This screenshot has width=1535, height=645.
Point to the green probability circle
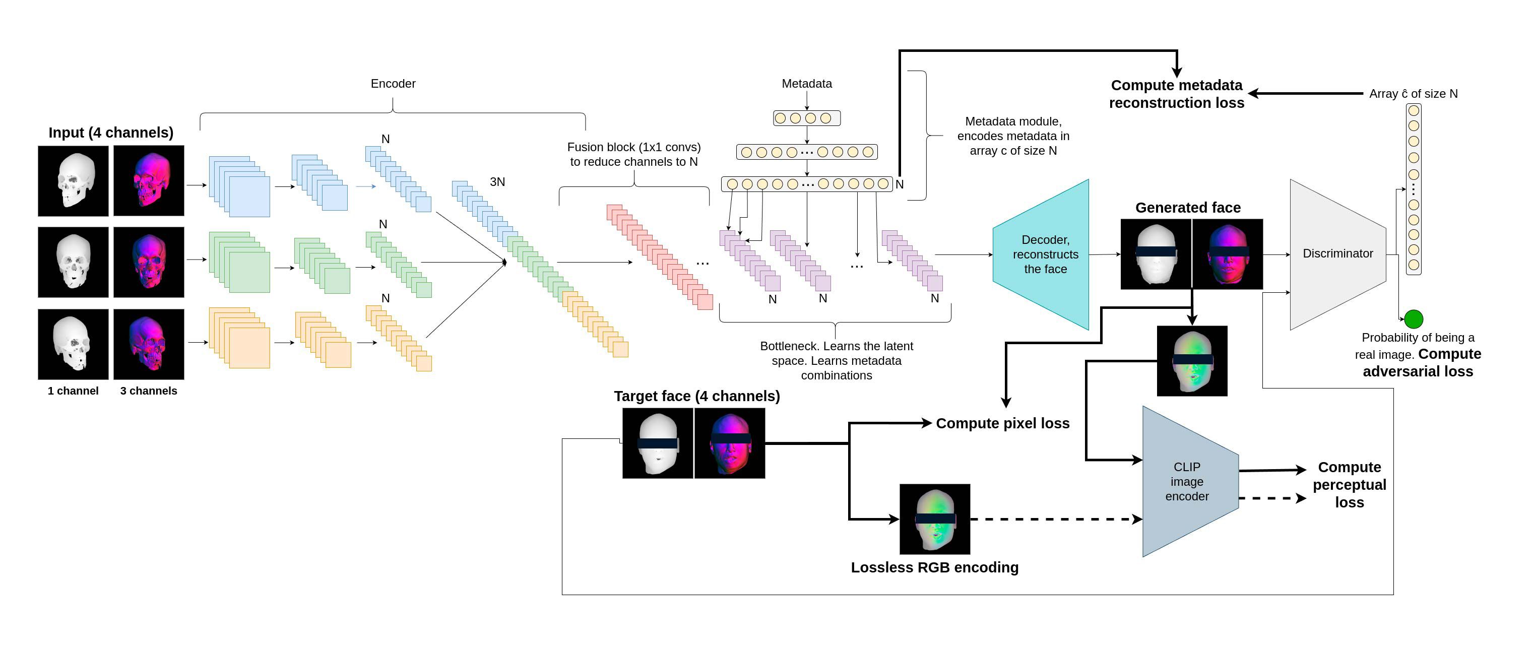click(1414, 319)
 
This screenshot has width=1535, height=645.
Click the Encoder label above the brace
click(393, 84)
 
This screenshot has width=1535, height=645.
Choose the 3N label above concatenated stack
click(497, 182)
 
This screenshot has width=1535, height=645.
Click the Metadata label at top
click(806, 84)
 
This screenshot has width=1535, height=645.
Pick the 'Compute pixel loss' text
click(1002, 423)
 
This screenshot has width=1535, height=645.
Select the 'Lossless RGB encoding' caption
click(934, 567)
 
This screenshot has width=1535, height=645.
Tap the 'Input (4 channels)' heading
click(111, 133)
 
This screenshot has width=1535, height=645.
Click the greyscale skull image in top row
click(73, 180)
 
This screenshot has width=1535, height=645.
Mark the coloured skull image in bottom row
click(148, 344)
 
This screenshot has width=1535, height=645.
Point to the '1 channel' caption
click(73, 391)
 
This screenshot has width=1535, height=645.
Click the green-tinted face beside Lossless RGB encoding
click(934, 519)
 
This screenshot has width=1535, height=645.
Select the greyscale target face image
click(658, 443)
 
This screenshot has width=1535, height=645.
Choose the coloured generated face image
click(1228, 254)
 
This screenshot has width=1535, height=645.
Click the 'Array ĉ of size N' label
click(1413, 94)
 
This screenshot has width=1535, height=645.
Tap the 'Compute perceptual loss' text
click(1349, 485)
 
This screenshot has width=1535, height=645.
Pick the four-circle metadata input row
click(806, 118)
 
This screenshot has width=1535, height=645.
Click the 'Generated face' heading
click(1188, 208)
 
